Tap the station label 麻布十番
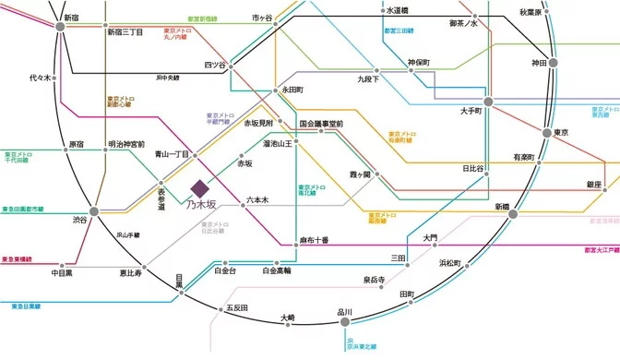pos(314,240)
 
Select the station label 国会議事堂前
pos(321,124)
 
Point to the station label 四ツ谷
pos(214,65)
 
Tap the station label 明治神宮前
pos(125,144)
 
